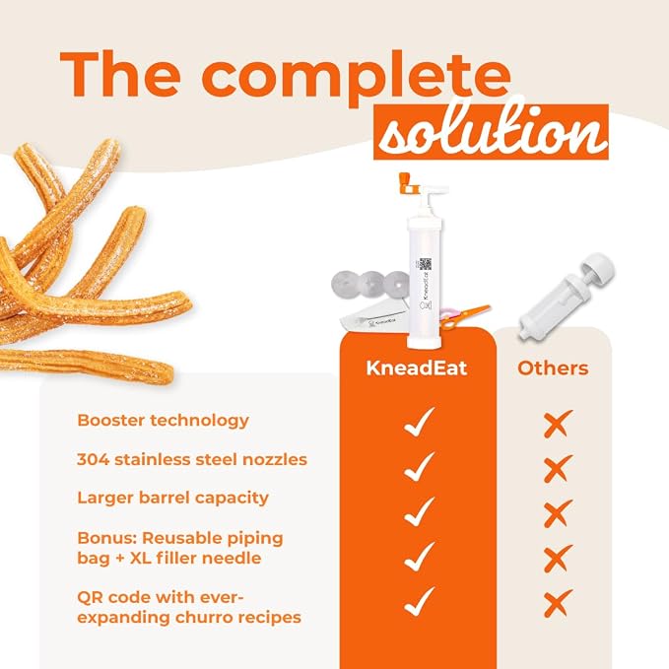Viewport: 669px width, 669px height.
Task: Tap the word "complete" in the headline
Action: [356, 78]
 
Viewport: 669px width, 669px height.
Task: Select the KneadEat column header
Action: [417, 368]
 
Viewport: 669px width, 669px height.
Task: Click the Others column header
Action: [553, 368]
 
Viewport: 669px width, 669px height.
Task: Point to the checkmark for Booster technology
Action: [419, 422]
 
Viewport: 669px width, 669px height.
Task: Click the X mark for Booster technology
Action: [558, 424]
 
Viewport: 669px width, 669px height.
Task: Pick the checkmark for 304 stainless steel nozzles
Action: [419, 466]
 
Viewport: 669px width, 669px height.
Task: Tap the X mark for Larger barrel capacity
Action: [558, 513]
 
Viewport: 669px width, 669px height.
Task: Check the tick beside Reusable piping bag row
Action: [419, 557]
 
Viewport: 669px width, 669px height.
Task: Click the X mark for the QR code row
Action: [558, 603]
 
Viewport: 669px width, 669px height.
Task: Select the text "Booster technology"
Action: [163, 421]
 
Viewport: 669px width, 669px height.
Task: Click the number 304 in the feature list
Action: [93, 459]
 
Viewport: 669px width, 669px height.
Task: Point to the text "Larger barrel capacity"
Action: [172, 499]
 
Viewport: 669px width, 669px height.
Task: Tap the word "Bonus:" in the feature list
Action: [106, 538]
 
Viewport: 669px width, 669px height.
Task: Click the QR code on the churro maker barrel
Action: [425, 264]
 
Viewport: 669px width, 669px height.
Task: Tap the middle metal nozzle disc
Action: [371, 284]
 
